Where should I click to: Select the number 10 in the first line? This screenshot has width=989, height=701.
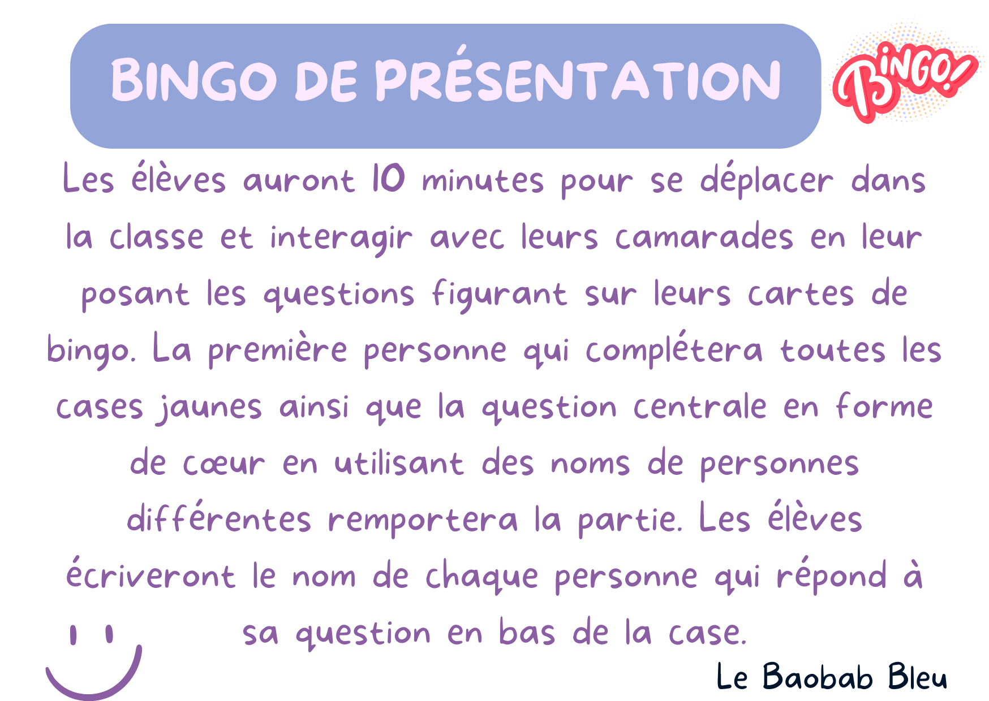click(x=388, y=179)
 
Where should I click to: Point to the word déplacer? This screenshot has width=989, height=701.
click(x=767, y=181)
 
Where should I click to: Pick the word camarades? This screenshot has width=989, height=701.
click(x=704, y=237)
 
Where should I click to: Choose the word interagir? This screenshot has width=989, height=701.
click(x=341, y=237)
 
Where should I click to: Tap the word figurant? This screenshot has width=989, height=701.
click(x=499, y=294)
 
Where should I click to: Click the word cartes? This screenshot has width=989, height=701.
click(x=801, y=294)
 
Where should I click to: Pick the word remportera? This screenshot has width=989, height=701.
click(x=423, y=520)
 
